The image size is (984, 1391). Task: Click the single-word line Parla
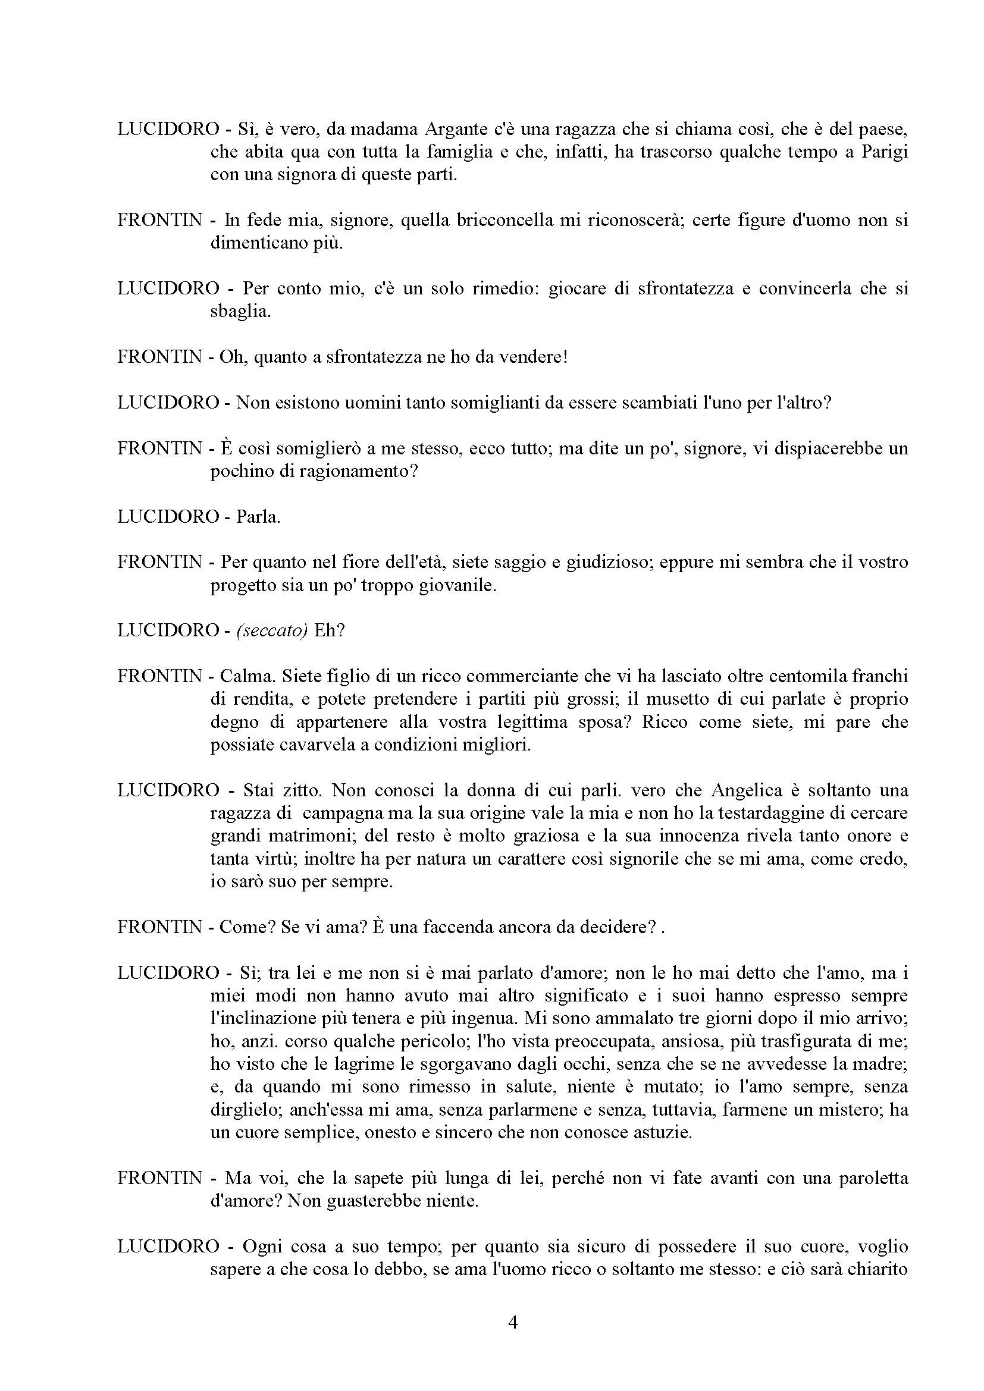(x=258, y=517)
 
